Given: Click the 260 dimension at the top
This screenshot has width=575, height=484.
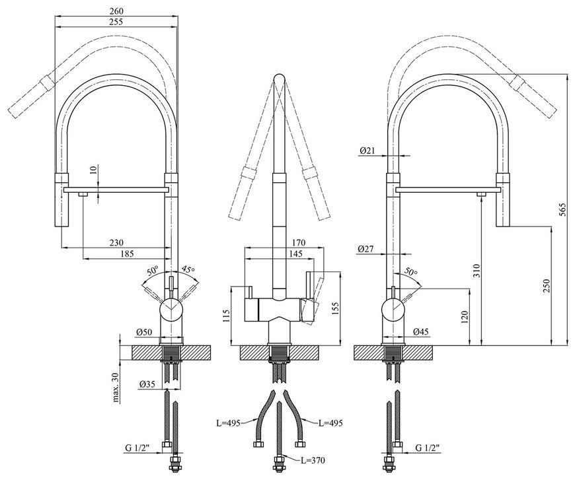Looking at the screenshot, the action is [116, 11].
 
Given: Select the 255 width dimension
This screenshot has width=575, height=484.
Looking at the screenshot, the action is [116, 22].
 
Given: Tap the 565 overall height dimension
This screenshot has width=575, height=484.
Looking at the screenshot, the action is [564, 209].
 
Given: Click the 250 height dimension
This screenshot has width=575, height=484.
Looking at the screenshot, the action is [547, 286].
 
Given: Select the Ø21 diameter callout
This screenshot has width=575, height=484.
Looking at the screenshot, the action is [367, 151].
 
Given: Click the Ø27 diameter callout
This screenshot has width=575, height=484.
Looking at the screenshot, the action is [365, 249].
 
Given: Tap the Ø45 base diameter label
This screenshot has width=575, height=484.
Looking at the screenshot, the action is [420, 332].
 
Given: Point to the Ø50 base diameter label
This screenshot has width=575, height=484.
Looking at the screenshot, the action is [144, 332].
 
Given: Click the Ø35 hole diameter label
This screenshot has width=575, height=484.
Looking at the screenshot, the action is [147, 384].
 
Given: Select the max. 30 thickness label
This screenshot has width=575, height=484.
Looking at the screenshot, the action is [116, 388].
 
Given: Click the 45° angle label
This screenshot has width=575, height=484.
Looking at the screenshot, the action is [188, 269].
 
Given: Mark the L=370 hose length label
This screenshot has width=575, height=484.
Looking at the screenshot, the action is [313, 460].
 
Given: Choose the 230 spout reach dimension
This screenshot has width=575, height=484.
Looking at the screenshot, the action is [116, 242].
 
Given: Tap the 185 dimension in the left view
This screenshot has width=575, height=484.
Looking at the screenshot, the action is [127, 254].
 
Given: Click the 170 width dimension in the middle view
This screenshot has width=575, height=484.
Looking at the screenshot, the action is [299, 242].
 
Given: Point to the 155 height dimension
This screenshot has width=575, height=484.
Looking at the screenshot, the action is [335, 308].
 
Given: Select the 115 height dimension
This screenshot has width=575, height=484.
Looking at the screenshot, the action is [225, 316].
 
